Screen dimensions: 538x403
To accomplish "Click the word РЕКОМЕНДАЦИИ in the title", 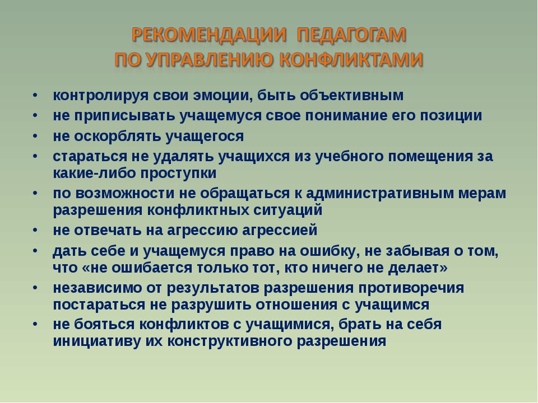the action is [x=209, y=35].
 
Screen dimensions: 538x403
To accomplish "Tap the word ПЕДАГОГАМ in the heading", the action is [x=351, y=35].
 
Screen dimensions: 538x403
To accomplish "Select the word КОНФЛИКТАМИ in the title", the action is [x=351, y=60].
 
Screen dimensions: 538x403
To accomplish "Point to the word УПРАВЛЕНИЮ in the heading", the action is [x=209, y=60].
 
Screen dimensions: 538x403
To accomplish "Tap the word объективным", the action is [x=352, y=95].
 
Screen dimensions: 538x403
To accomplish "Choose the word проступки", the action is [x=178, y=174].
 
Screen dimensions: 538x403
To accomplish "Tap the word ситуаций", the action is [x=288, y=210].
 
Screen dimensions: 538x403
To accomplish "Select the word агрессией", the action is [x=280, y=230].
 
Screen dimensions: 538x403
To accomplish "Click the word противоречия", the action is [x=411, y=288].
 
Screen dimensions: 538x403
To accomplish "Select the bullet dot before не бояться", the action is [x=35, y=324].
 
